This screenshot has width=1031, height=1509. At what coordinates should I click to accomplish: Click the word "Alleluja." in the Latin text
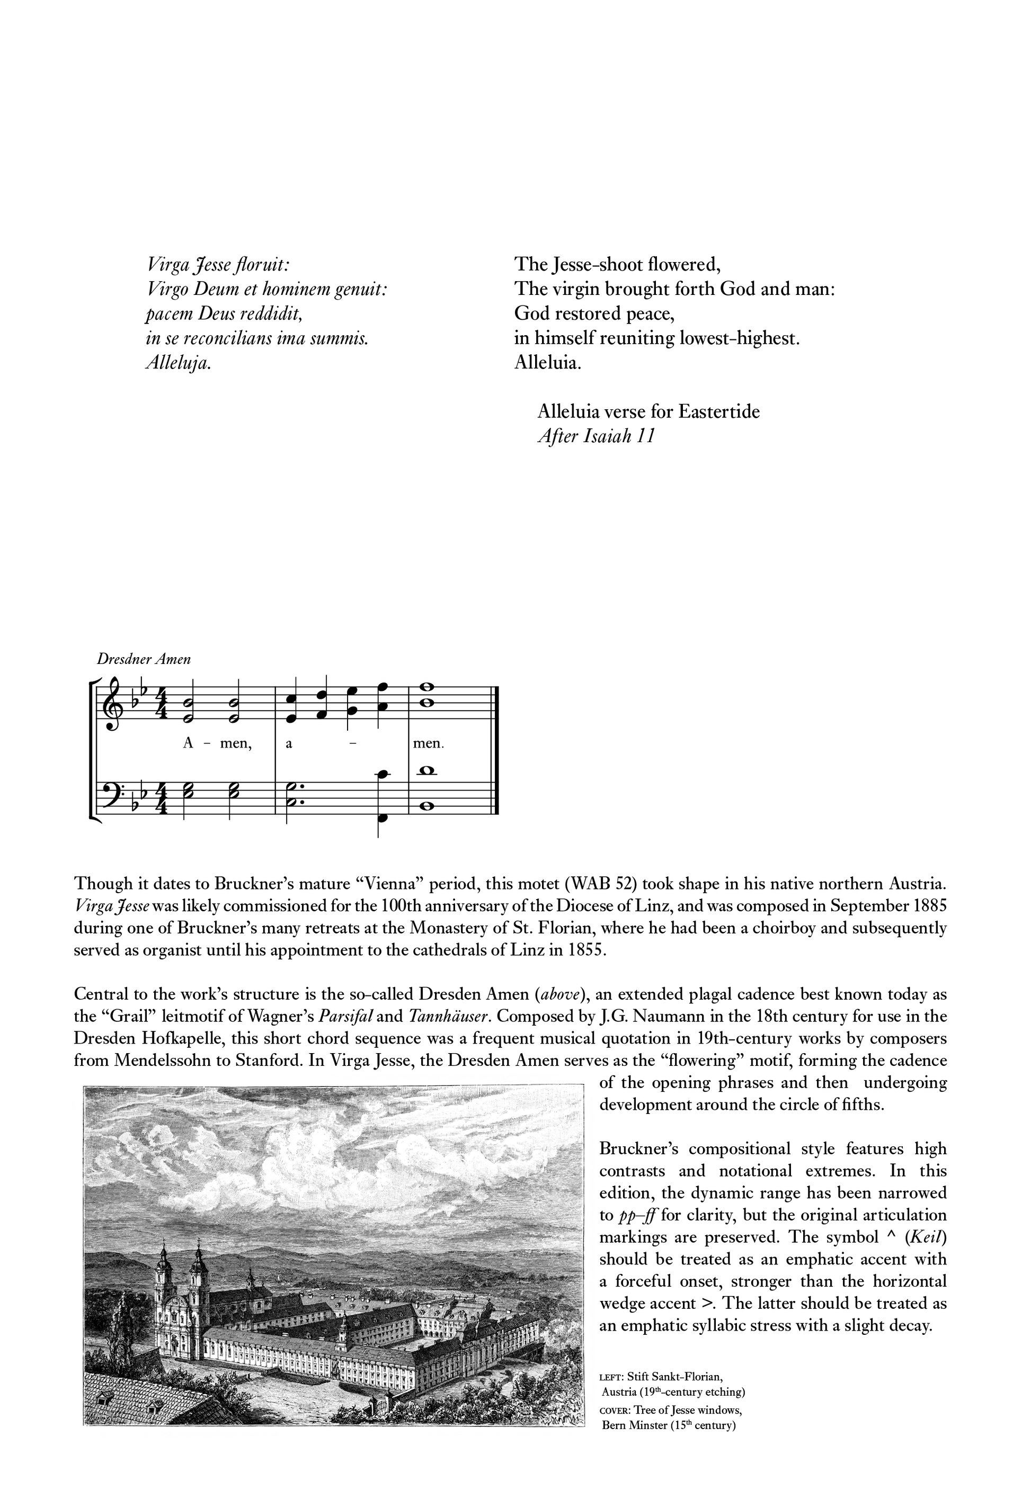pos(178,363)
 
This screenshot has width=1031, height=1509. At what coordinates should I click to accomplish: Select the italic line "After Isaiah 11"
pos(596,436)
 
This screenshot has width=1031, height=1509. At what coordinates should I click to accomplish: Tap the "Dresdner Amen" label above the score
pos(144,659)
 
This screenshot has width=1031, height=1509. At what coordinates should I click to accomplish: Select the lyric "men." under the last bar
pos(429,743)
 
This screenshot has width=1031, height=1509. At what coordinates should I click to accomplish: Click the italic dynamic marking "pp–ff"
pos(638,1215)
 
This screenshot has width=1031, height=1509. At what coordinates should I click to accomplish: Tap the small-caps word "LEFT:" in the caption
pos(611,1377)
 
